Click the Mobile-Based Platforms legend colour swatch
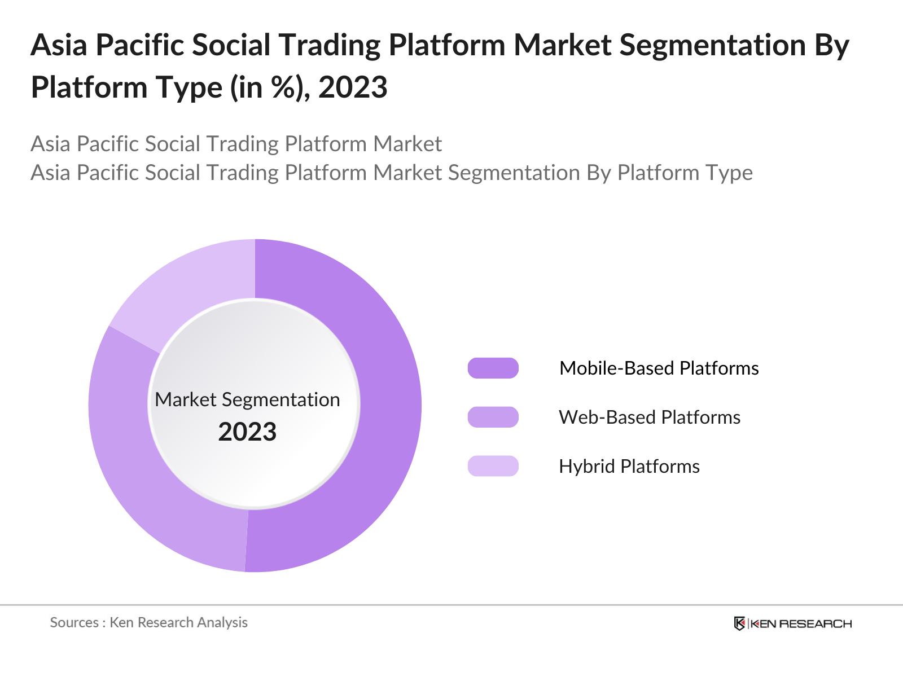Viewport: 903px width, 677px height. point(493,368)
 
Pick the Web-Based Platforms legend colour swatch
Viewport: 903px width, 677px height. point(493,417)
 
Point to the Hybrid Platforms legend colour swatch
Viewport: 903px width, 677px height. point(493,466)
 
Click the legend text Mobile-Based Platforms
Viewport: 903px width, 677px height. point(659,368)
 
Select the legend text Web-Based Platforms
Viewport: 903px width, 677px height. point(649,417)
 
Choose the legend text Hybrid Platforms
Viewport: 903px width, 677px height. point(629,466)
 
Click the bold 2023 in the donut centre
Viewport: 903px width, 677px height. point(247,432)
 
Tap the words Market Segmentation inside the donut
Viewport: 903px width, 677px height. point(247,399)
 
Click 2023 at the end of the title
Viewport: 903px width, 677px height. point(353,87)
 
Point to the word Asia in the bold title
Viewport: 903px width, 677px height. point(59,45)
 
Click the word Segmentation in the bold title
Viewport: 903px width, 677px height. point(712,45)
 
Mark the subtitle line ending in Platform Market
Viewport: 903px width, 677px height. point(236,144)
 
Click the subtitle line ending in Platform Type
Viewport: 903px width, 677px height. point(391,173)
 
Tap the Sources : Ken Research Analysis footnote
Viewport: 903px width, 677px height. point(148,622)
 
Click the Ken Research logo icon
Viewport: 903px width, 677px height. point(739,623)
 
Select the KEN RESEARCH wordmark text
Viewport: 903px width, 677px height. point(801,623)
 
